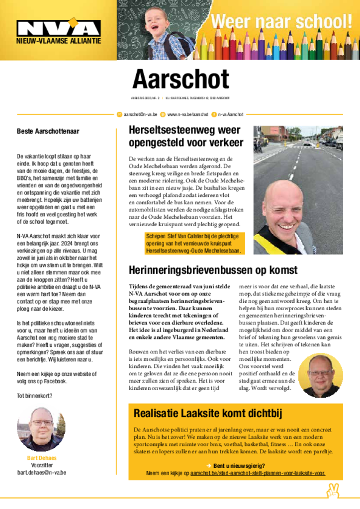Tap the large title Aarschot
[x=180, y=79]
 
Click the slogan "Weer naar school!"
[x=281, y=22]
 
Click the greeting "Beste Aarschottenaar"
[x=48, y=132]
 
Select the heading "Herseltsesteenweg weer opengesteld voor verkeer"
[x=186, y=137]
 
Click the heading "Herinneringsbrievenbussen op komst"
[x=213, y=270]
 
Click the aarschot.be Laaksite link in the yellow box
[x=258, y=473]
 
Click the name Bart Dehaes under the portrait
[x=42, y=458]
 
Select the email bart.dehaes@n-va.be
[x=42, y=472]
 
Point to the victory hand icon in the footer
[x=332, y=491]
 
